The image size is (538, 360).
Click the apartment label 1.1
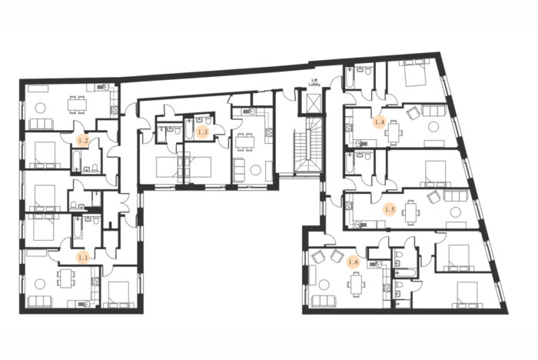click(x=83, y=257)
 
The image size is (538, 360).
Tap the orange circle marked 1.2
click(x=83, y=141)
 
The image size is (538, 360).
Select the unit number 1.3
click(x=203, y=132)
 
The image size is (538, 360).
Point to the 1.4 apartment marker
click(x=380, y=122)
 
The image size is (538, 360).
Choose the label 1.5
click(x=390, y=209)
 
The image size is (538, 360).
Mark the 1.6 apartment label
click(x=354, y=262)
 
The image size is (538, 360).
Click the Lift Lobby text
click(x=314, y=82)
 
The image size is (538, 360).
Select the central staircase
click(x=309, y=145)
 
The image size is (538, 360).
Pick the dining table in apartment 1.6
click(x=355, y=284)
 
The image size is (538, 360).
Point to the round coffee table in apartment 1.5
click(x=456, y=212)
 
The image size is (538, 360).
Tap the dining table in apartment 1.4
click(x=394, y=132)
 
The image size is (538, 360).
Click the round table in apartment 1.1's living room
click(x=40, y=284)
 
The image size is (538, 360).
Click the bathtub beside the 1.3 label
click(x=189, y=128)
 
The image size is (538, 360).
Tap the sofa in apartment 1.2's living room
click(x=42, y=124)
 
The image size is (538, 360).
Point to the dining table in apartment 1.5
click(x=410, y=212)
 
